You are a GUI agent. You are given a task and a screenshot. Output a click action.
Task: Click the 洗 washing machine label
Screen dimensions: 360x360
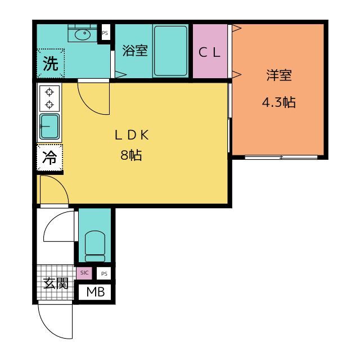pyautogui.click(x=51, y=64)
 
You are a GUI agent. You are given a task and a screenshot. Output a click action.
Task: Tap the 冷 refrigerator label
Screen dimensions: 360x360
pyautogui.click(x=50, y=158)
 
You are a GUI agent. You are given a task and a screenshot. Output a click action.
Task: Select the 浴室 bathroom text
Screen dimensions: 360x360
pyautogui.click(x=135, y=51)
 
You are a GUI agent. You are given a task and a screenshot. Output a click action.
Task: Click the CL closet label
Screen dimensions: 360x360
pyautogui.click(x=210, y=52)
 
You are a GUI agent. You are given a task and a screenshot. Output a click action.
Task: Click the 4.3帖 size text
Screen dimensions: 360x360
pyautogui.click(x=279, y=103)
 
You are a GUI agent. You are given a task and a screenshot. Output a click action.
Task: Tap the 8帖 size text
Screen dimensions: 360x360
pyautogui.click(x=131, y=156)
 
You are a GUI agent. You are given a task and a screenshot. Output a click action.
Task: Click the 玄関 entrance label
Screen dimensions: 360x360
pyautogui.click(x=56, y=283)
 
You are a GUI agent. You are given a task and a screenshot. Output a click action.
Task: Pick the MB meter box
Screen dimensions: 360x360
pyautogui.click(x=95, y=292)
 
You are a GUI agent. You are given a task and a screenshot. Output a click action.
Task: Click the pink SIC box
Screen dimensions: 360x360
pyautogui.click(x=84, y=273)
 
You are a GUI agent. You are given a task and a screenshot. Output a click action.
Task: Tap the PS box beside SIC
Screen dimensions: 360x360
pyautogui.click(x=103, y=273)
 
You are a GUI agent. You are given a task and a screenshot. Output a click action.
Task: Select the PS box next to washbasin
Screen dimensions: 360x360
pyautogui.click(x=105, y=33)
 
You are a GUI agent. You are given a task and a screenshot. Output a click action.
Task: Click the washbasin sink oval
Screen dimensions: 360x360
pyautogui.click(x=83, y=35)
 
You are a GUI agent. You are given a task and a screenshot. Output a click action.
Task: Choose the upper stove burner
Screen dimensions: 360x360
pyautogui.click(x=49, y=92)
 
